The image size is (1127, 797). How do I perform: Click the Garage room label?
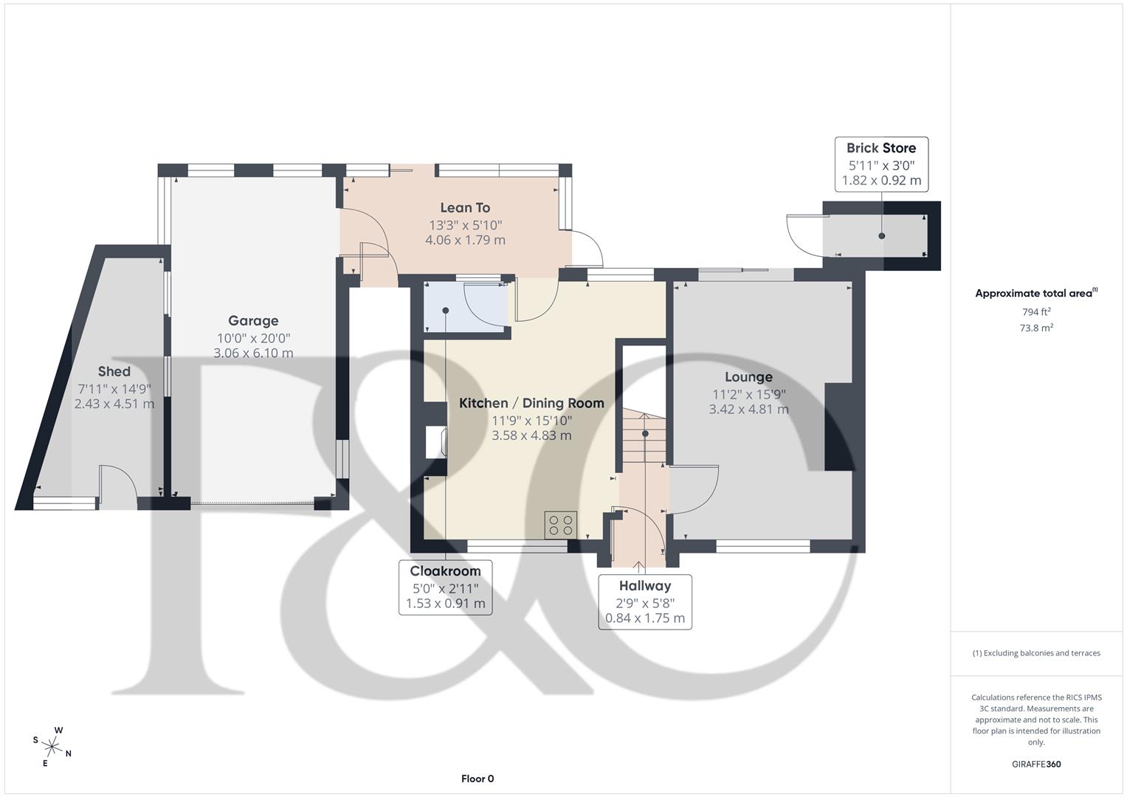pyautogui.click(x=253, y=321)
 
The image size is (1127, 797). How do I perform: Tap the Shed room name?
pyautogui.click(x=114, y=372)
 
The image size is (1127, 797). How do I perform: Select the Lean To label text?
pyautogui.click(x=465, y=208)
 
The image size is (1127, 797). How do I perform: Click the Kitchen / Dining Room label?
pyautogui.click(x=531, y=403)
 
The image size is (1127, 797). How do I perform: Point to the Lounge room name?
pyautogui.click(x=748, y=377)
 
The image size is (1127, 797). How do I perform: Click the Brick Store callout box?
pyautogui.click(x=881, y=164)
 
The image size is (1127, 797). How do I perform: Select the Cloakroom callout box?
pyautogui.click(x=445, y=587)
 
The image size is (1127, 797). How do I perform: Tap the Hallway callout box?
pyautogui.click(x=645, y=601)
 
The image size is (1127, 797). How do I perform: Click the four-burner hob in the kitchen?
pyautogui.click(x=561, y=525)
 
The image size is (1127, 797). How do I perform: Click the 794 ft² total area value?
pyautogui.click(x=1036, y=312)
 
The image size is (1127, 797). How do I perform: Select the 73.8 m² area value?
pyautogui.click(x=1036, y=328)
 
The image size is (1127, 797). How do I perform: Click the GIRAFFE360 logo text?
pyautogui.click(x=1036, y=765)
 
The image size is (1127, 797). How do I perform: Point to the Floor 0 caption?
pyautogui.click(x=478, y=779)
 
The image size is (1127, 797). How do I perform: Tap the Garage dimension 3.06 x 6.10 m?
pyautogui.click(x=253, y=353)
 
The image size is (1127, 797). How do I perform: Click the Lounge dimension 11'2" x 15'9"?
pyautogui.click(x=748, y=394)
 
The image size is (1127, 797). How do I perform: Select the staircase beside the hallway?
pyautogui.click(x=644, y=435)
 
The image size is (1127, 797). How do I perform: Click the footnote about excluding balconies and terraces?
pyautogui.click(x=1036, y=653)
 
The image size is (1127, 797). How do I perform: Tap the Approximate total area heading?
pyautogui.click(x=1035, y=294)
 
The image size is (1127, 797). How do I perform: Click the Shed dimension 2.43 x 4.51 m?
pyautogui.click(x=114, y=404)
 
